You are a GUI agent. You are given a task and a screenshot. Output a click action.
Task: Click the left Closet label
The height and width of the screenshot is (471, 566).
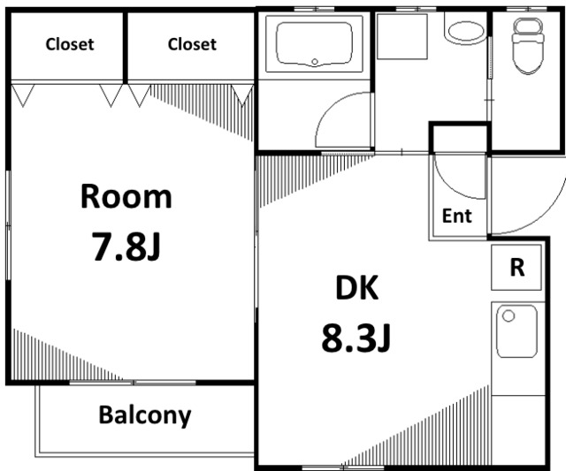tap(70, 44)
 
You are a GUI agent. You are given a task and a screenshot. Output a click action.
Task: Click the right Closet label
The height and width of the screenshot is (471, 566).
tap(192, 44)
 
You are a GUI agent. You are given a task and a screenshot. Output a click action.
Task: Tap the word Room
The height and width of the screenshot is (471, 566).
tap(126, 196)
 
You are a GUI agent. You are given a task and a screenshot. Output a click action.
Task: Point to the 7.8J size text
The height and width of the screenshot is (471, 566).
tap(126, 247)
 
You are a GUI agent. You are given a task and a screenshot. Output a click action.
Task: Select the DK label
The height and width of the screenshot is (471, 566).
tap(357, 287)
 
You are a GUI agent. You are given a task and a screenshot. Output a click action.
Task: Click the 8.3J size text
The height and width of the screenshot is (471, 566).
tap(356, 338)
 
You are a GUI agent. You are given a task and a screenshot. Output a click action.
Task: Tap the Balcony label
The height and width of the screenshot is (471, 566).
tap(145, 415)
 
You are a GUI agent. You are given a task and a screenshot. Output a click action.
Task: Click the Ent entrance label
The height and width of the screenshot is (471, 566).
tap(456, 216)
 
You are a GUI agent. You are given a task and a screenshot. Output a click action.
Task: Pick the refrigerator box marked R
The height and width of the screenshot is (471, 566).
tap(516, 267)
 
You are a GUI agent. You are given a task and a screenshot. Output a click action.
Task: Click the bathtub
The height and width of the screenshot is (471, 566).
tap(314, 43)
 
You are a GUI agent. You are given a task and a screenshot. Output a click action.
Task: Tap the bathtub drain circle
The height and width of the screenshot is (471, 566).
tap(315, 62)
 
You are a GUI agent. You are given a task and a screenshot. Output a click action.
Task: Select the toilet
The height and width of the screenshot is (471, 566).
tap(528, 46)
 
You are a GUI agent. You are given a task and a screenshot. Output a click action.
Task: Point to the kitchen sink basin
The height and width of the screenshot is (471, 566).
tap(516, 331)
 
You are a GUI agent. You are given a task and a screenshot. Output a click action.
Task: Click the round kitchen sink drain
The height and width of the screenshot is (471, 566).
tap(509, 316)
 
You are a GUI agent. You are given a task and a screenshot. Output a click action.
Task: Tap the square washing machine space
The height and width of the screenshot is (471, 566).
tap(402, 36)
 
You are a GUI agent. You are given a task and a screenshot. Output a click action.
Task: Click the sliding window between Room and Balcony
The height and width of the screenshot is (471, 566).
tap(133, 383)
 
